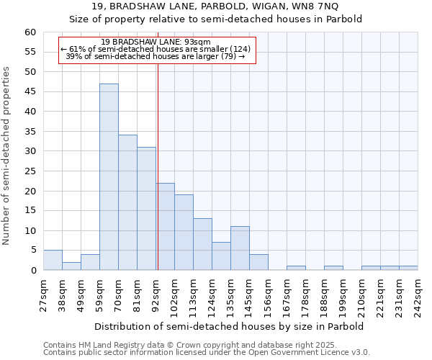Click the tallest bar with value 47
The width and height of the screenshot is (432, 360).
click(109, 177)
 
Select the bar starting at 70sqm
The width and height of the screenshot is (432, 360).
click(127, 202)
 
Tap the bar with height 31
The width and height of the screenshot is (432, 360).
click(146, 209)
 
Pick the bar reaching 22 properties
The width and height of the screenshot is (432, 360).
click(165, 227)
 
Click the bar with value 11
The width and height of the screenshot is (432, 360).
click(240, 248)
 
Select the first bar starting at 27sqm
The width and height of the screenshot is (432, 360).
click(53, 260)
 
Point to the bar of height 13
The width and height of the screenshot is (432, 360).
click(202, 244)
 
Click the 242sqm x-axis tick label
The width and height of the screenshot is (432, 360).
click(418, 296)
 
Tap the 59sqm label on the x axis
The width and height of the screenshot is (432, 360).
click(99, 296)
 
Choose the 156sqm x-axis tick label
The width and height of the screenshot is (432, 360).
click(268, 296)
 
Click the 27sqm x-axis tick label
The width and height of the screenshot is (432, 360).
click(43, 296)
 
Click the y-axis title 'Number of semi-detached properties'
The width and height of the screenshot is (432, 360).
click(7, 156)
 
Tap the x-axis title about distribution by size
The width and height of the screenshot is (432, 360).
click(229, 326)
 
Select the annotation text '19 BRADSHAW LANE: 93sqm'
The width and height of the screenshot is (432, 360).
click(156, 42)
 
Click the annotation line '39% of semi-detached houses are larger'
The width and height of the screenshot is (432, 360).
click(156, 56)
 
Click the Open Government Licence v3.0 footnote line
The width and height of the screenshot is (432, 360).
click(207, 352)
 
